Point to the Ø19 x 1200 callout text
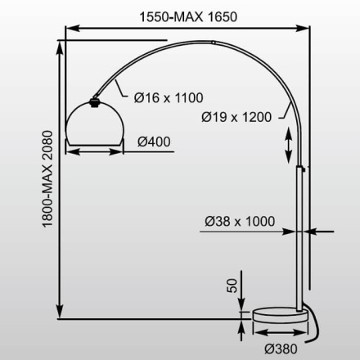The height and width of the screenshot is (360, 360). (x=235, y=115)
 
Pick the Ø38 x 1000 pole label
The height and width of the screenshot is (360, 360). (x=238, y=221)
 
